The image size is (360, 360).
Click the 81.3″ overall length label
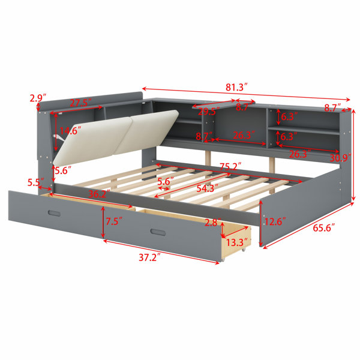tap(237, 87)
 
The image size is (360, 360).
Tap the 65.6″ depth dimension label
tap(324, 228)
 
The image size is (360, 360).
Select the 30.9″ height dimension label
tap(340, 158)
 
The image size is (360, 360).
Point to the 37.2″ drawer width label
tap(149, 257)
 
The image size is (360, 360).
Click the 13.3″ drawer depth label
tap(238, 242)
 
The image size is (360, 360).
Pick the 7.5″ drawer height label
tap(113, 221)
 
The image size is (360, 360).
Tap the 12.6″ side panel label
tap(275, 221)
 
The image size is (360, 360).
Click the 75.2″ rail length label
tap(231, 166)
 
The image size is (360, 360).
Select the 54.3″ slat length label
tap(208, 188)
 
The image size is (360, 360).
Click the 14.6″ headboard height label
tap(70, 131)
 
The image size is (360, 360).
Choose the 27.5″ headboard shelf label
tap(81, 103)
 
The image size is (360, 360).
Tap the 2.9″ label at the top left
tap(38, 98)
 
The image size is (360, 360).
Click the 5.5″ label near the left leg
tap(35, 182)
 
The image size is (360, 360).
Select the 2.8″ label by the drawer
tap(213, 223)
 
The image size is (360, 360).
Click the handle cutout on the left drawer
tap(55, 213)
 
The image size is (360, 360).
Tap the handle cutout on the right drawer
tap(158, 232)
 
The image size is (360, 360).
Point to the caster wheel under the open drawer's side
tap(244, 250)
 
